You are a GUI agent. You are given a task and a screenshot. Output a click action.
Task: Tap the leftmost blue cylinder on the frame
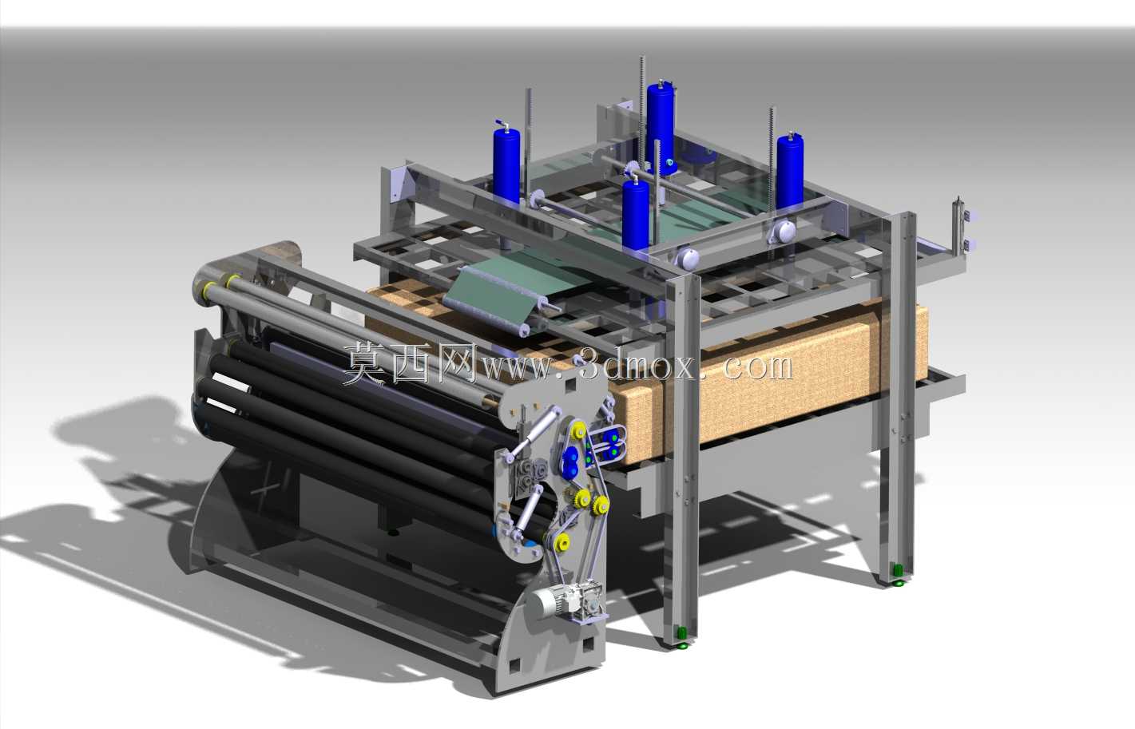(506, 163)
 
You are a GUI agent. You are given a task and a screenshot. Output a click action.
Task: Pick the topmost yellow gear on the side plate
(578, 431)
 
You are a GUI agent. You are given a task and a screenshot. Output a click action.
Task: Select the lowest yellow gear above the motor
(562, 543)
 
